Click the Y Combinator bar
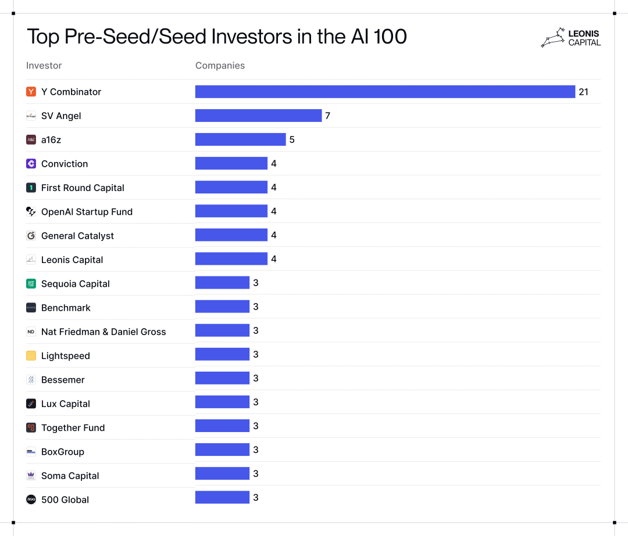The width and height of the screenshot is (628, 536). click(x=385, y=92)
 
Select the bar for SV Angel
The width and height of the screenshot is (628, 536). click(x=258, y=116)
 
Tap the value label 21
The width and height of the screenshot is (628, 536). click(x=583, y=92)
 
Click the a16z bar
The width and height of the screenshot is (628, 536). click(x=240, y=139)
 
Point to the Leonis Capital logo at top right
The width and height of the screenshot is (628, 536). click(x=570, y=38)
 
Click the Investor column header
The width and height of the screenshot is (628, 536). click(x=44, y=66)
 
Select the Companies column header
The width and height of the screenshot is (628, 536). click(x=220, y=66)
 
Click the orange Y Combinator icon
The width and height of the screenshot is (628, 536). click(x=31, y=92)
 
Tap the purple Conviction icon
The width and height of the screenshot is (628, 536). click(x=31, y=164)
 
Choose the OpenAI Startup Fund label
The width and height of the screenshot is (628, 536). click(x=87, y=212)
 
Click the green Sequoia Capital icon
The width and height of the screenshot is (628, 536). click(x=31, y=284)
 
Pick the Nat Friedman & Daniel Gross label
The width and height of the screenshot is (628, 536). click(x=104, y=332)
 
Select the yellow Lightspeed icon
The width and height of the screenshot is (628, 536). click(x=31, y=356)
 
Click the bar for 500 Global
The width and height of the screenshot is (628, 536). click(x=222, y=498)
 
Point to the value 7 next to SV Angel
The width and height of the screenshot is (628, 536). click(x=327, y=116)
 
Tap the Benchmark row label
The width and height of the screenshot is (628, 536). click(x=66, y=308)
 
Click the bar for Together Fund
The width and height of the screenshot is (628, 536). click(x=222, y=426)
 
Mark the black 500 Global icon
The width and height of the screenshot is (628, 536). click(x=31, y=499)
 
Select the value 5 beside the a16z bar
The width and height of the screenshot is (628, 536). click(x=292, y=139)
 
